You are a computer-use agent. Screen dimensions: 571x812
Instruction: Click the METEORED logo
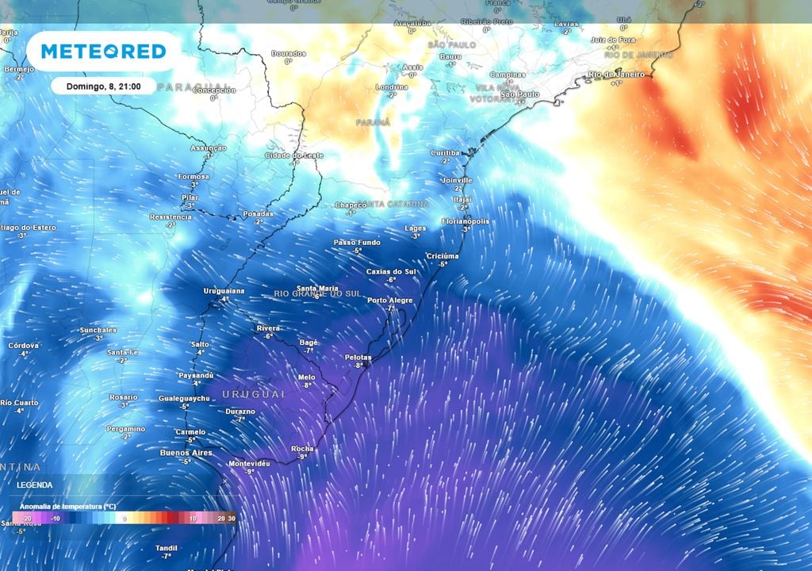coord(103,52)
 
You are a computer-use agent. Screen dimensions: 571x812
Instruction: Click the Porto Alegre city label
coord(390,301)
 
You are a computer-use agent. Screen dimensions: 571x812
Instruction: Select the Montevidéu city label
coord(250,463)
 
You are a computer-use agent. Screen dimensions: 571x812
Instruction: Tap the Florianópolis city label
coord(465,221)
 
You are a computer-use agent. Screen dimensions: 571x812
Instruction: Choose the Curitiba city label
coord(445,152)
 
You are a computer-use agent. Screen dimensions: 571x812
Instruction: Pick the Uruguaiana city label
coord(224,291)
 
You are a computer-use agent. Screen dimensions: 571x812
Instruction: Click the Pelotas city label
coord(358,358)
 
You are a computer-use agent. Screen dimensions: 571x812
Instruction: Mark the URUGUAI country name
coord(253,394)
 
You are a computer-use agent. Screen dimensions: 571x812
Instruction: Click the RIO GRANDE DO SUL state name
coord(317,294)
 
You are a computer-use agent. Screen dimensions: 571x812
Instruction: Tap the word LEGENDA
coord(34,485)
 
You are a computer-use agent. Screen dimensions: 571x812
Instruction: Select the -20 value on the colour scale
coord(23,519)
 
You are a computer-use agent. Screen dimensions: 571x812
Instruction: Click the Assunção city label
coord(209,148)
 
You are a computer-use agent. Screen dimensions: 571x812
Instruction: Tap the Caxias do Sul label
coord(391,272)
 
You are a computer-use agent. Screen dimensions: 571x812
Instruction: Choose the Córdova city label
coord(23,346)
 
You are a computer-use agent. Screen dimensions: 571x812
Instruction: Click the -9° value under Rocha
coord(302,458)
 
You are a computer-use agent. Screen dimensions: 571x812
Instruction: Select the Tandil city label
coord(167,548)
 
